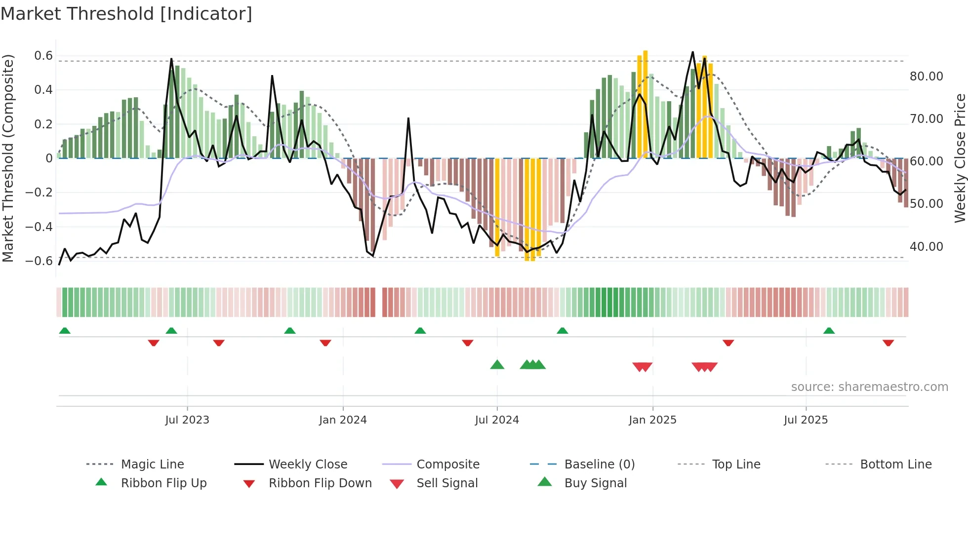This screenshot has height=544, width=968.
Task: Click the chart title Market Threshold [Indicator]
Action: (x=126, y=14)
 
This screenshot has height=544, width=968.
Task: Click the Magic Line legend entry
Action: (x=152, y=464)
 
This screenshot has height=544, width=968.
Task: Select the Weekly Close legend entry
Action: (x=308, y=464)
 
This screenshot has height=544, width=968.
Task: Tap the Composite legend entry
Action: (x=447, y=464)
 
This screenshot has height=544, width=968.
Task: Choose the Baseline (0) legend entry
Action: (x=599, y=464)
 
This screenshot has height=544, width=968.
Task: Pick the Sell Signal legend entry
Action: (x=447, y=483)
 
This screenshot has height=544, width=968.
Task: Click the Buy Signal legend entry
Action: (x=595, y=483)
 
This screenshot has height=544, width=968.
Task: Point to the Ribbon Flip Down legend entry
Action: (x=320, y=483)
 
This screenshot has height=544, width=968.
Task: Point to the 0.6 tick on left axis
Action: (x=43, y=56)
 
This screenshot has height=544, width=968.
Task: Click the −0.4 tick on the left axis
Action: (x=39, y=227)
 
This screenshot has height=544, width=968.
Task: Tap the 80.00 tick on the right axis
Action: (x=926, y=77)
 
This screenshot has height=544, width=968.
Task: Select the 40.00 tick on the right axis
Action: (x=926, y=246)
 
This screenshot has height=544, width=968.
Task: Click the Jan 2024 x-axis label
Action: (x=343, y=420)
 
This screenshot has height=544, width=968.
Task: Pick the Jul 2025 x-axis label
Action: (x=806, y=420)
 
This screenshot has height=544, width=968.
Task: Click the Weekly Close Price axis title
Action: (x=960, y=158)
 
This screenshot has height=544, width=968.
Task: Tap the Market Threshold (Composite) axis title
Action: (x=8, y=158)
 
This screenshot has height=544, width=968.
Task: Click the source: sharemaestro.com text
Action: (x=869, y=387)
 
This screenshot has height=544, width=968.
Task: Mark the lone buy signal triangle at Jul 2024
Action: (x=497, y=365)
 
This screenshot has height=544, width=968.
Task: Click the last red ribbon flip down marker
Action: (x=888, y=343)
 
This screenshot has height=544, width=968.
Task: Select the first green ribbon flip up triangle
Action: (x=65, y=331)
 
